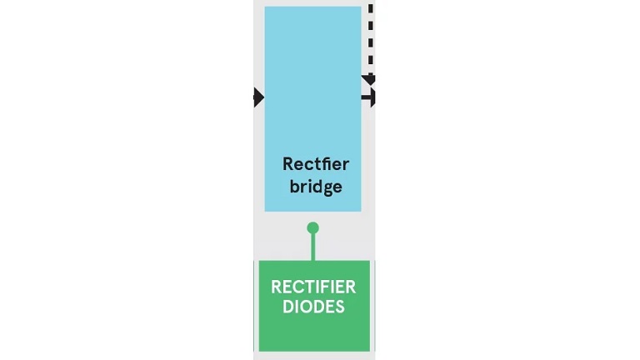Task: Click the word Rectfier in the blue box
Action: pyautogui.click(x=316, y=164)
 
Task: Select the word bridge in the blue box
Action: pyautogui.click(x=316, y=187)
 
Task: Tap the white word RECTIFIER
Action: pyautogui.click(x=313, y=287)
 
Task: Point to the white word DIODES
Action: pyautogui.click(x=313, y=307)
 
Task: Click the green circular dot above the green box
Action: pyautogui.click(x=312, y=227)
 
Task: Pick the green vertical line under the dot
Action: pyautogui.click(x=313, y=247)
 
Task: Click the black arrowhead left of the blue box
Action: pyautogui.click(x=259, y=97)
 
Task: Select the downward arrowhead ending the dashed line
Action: pyautogui.click(x=369, y=80)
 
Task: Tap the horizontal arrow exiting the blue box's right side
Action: pyautogui.click(x=368, y=97)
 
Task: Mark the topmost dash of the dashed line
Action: pyautogui.click(x=371, y=8)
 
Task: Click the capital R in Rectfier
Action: pyautogui.click(x=287, y=164)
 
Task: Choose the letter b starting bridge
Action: pyautogui.click(x=295, y=186)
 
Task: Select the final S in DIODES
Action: pyautogui.click(x=340, y=307)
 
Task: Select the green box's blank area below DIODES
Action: pyautogui.click(x=314, y=332)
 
